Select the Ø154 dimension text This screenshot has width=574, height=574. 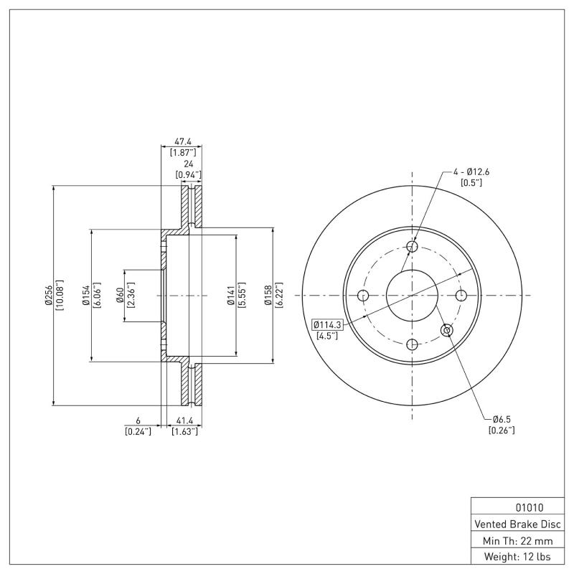[85, 295]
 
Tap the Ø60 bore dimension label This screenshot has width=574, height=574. [120, 295]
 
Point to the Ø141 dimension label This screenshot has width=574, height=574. [231, 295]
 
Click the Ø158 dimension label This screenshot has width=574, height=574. [268, 295]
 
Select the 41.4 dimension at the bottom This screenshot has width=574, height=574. [184, 421]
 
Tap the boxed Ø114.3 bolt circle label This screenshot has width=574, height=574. [327, 324]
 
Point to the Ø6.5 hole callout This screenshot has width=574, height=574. [501, 419]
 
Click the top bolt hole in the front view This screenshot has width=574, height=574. [413, 248]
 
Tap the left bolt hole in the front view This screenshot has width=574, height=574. [363, 296]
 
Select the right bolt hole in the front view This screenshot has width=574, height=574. [461, 296]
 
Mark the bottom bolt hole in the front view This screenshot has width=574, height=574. [413, 344]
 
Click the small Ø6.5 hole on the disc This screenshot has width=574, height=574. [447, 330]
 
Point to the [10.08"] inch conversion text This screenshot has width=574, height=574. [60, 295]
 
